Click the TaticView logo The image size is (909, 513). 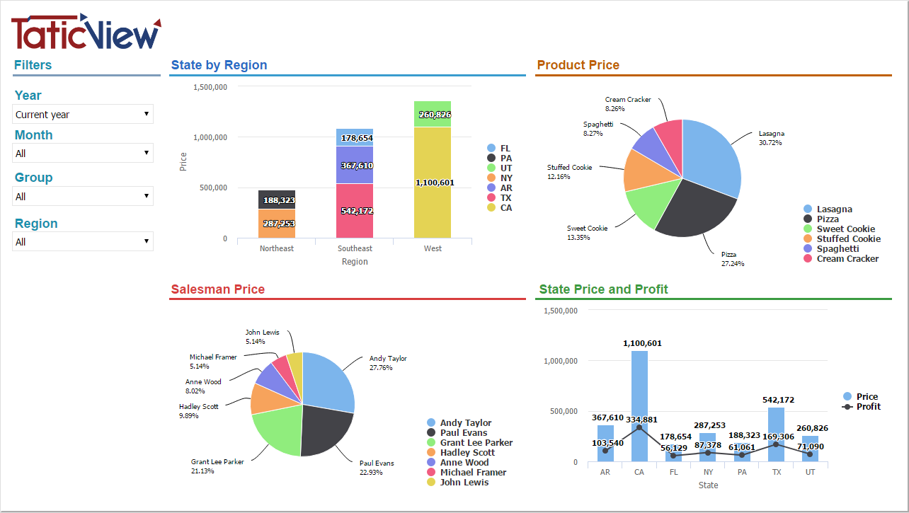click(x=86, y=32)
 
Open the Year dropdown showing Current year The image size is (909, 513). click(x=83, y=114)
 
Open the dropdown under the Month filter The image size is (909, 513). click(x=83, y=153)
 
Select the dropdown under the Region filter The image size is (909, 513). click(x=83, y=241)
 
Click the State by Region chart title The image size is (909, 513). click(x=219, y=65)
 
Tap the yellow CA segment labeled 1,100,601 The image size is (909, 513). click(x=433, y=183)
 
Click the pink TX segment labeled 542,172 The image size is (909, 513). click(x=355, y=211)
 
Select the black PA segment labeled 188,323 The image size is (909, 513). click(x=277, y=200)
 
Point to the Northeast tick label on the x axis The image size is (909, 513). click(x=277, y=248)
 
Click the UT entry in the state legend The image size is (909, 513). click(x=505, y=168)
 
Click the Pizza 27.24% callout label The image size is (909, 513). click(x=733, y=258)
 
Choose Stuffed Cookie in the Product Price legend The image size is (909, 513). click(x=848, y=238)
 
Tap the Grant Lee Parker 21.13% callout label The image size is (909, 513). click(x=217, y=466)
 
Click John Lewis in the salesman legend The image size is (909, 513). click(x=464, y=482)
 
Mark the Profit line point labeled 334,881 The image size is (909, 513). click(x=639, y=427)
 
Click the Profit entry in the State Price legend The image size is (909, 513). click(x=868, y=406)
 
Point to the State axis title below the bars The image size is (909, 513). click(x=708, y=485)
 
